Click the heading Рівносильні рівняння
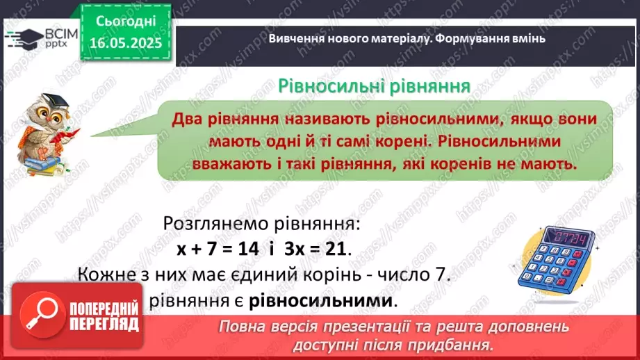tap(374, 85)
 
